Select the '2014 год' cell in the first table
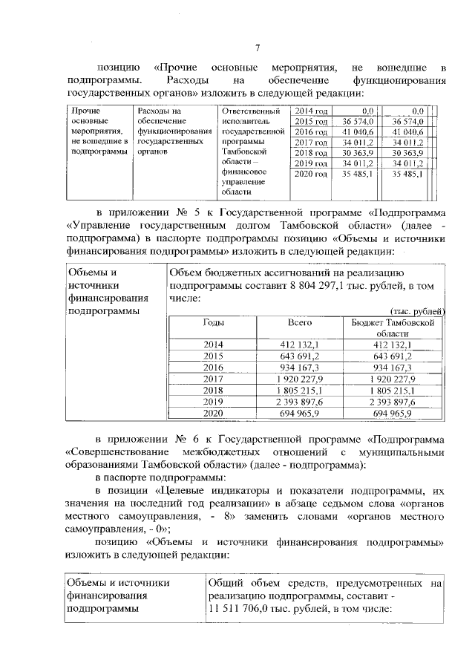[x=311, y=110]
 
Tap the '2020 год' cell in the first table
[x=311, y=174]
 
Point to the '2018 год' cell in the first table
[x=311, y=152]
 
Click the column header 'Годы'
[x=214, y=323]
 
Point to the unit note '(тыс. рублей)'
[x=418, y=311]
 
